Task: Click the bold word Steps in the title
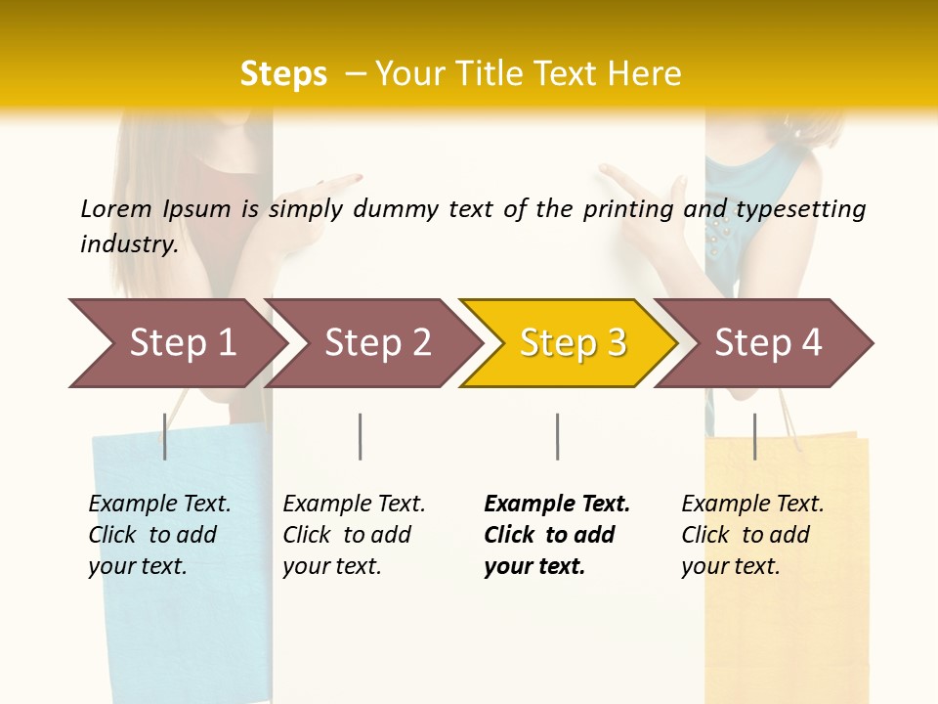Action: [x=283, y=74]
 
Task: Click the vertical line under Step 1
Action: [x=165, y=436]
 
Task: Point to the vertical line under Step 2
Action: [x=361, y=436]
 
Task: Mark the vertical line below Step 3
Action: [x=557, y=436]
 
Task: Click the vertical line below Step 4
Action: [x=754, y=436]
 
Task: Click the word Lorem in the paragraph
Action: [x=116, y=208]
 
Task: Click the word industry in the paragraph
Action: [x=128, y=244]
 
